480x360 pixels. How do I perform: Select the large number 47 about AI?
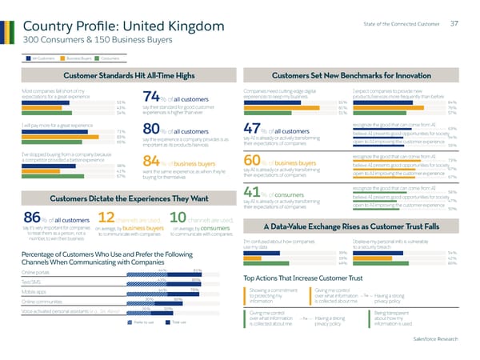[x=252, y=131]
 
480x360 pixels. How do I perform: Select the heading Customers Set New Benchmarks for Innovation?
[x=353, y=75]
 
